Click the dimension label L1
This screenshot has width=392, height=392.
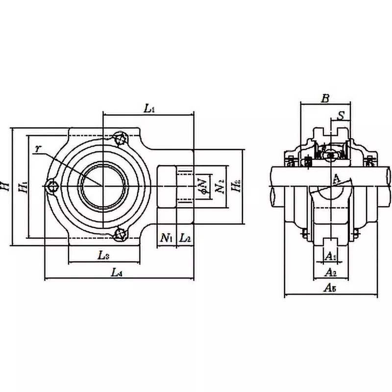click(149, 109)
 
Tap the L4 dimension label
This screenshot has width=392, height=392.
click(117, 273)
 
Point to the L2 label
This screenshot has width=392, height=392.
click(185, 239)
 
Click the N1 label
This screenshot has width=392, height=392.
click(167, 239)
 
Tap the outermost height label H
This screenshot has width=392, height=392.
click(6, 186)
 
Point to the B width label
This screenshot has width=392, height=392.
click(324, 98)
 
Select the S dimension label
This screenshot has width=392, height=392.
click(342, 115)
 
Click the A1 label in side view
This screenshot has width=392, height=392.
click(331, 256)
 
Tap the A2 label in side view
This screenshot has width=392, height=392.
click(331, 272)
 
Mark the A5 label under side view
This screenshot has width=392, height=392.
click(330, 289)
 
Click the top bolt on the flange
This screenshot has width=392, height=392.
click(120, 139)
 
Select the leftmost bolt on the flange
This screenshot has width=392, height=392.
click(52, 186)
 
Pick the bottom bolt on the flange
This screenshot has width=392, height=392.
click(120, 234)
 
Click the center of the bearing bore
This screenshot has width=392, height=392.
click(102, 186)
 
